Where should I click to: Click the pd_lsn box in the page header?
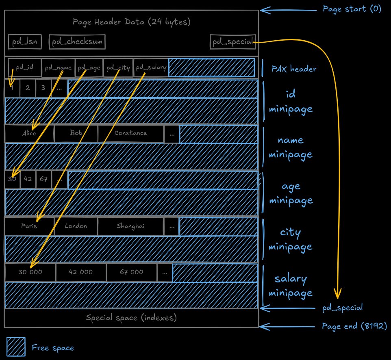(x=25, y=42)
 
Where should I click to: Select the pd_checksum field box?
(x=77, y=42)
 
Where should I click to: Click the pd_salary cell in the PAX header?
(x=150, y=67)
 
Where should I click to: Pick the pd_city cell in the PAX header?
(x=118, y=67)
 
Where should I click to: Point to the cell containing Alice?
(x=29, y=133)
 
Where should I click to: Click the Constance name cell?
(x=130, y=133)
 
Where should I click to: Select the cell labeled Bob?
(x=76, y=133)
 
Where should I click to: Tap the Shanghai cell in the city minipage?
(x=130, y=226)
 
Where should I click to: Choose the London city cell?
(x=76, y=226)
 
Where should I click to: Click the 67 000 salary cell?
(x=131, y=273)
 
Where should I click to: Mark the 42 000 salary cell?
(x=81, y=273)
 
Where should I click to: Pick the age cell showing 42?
(x=28, y=180)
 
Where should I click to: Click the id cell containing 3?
(x=43, y=87)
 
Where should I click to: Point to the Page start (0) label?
(x=352, y=9)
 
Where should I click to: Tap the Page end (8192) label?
(x=354, y=326)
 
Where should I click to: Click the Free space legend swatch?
(x=16, y=347)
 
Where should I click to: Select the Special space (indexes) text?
(x=131, y=318)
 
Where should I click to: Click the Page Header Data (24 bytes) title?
(x=131, y=22)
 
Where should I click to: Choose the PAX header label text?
(x=294, y=69)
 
